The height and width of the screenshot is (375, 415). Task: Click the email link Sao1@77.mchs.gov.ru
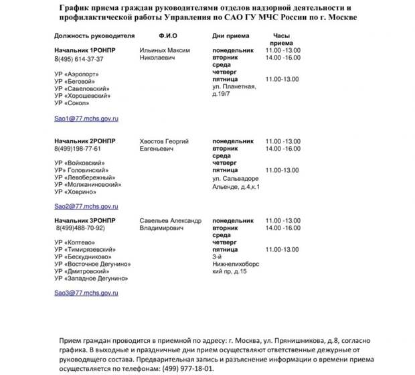[86, 118]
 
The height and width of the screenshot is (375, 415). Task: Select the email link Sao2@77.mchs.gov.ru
[86, 206]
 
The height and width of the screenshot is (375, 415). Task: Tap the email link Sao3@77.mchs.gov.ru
[86, 293]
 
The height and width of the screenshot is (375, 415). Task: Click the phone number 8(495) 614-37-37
[79, 59]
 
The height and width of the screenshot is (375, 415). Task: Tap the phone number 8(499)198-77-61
[78, 149]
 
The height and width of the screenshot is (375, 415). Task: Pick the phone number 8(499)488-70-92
[80, 228]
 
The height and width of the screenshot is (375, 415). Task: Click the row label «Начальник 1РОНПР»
[85, 50]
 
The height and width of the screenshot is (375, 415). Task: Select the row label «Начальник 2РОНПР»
[85, 141]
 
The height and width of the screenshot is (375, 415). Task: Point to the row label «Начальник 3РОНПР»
[85, 220]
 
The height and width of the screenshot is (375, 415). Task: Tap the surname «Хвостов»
[152, 141]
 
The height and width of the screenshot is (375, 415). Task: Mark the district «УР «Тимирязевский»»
[85, 249]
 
